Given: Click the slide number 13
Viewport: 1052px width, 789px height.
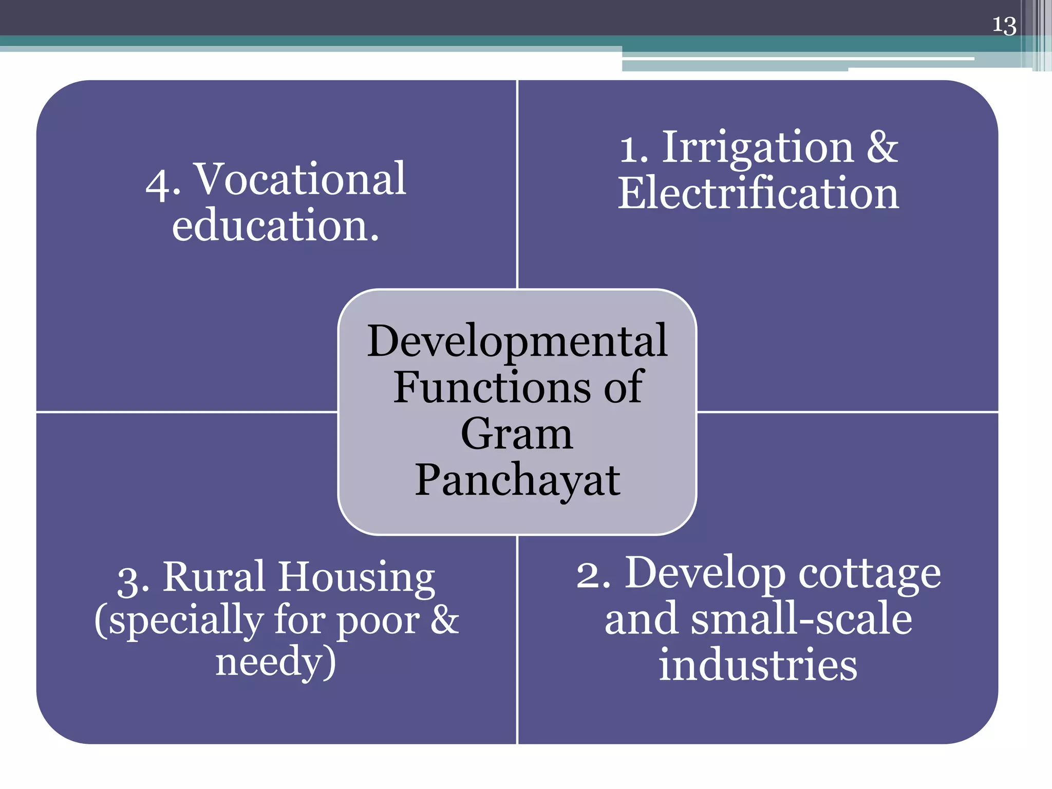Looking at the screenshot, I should (1004, 26).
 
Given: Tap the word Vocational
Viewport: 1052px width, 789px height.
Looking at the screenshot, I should (301, 179).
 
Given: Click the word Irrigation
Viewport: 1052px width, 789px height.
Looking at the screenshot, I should (758, 148).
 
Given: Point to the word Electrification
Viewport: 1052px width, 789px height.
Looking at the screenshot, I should (758, 194).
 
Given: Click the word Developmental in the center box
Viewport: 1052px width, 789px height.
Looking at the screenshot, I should (517, 341).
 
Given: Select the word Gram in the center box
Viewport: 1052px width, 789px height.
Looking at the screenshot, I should (517, 434).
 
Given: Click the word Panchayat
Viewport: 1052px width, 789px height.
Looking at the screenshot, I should (517, 480).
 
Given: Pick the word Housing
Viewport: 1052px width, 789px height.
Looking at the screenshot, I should (356, 577).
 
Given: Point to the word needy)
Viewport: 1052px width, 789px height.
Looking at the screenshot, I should (275, 663).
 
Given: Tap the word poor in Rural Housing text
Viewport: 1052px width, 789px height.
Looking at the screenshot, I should (378, 621).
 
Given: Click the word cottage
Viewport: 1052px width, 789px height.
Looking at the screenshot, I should (870, 574).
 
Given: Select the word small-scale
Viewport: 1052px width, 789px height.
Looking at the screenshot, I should (801, 619).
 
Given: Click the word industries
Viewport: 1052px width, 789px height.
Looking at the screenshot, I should (758, 665).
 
